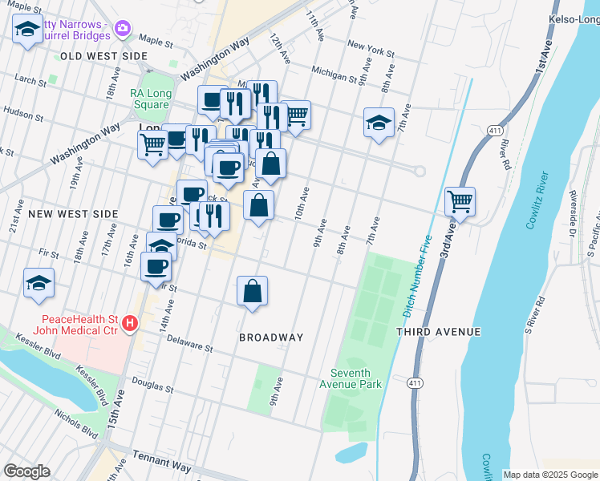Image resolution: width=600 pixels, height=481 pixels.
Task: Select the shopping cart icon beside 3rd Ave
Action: [460, 201]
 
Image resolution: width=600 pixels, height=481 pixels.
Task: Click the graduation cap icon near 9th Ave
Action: [379, 123]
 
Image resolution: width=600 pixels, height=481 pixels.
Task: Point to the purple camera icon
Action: [123, 29]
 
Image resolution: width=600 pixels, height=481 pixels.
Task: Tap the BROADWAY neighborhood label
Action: [271, 338]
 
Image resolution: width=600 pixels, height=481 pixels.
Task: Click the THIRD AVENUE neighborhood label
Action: [438, 331]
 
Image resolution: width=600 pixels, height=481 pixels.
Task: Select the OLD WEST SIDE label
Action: [103, 56]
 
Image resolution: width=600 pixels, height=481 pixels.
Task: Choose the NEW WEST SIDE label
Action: [73, 214]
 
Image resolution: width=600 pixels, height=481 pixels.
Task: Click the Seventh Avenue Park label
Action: [356, 378]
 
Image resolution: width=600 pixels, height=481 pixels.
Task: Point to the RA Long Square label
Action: [151, 99]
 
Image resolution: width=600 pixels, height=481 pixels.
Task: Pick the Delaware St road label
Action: [189, 344]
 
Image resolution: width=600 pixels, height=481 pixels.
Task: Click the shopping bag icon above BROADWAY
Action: [252, 292]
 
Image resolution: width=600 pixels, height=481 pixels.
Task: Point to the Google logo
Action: [26, 471]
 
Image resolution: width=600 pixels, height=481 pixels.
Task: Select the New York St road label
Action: [371, 50]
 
